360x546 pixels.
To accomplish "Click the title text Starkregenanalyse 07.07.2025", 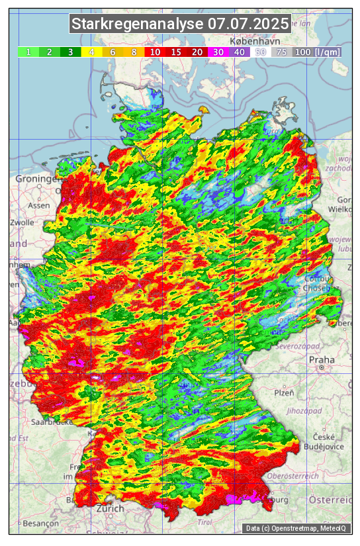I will (180, 24).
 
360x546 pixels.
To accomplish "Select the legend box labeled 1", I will (28, 52).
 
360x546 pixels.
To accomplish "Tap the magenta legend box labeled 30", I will (218, 52).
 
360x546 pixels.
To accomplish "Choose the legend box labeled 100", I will (302, 52).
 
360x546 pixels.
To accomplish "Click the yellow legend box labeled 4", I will (92, 52).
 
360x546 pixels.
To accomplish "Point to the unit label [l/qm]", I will (328, 52).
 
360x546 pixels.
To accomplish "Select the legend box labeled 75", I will (281, 52).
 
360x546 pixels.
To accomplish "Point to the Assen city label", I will (39, 205).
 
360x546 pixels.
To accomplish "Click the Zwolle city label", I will (22, 222).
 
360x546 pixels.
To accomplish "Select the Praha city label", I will (321, 360).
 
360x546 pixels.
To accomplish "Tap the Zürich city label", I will (110, 508).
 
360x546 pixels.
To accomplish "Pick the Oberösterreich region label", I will (294, 475).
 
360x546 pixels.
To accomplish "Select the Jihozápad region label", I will (304, 411).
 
